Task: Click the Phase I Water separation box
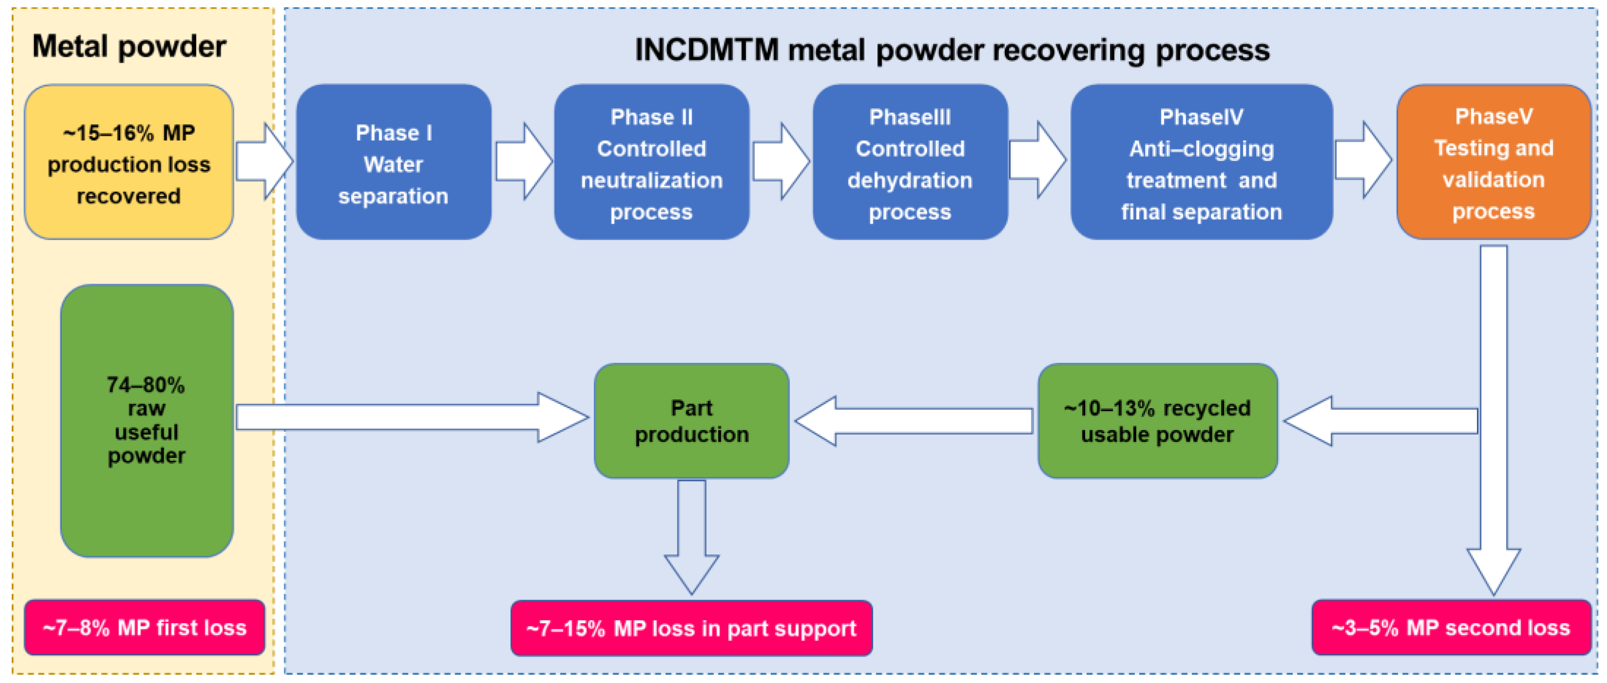[393, 162]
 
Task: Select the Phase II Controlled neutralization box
[651, 162]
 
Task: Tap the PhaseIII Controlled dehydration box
[910, 162]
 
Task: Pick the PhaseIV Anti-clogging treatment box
[1201, 162]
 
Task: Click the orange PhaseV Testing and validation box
[1493, 162]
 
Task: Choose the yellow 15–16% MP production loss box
[129, 162]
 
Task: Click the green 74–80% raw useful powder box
[147, 420]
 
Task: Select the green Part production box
[691, 421]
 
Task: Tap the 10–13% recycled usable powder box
[1157, 421]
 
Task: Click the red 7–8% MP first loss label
[144, 627]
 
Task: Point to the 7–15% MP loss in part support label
[691, 628]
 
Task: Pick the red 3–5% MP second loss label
[1451, 627]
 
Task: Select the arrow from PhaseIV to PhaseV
[1363, 160]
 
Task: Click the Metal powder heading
[129, 47]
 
